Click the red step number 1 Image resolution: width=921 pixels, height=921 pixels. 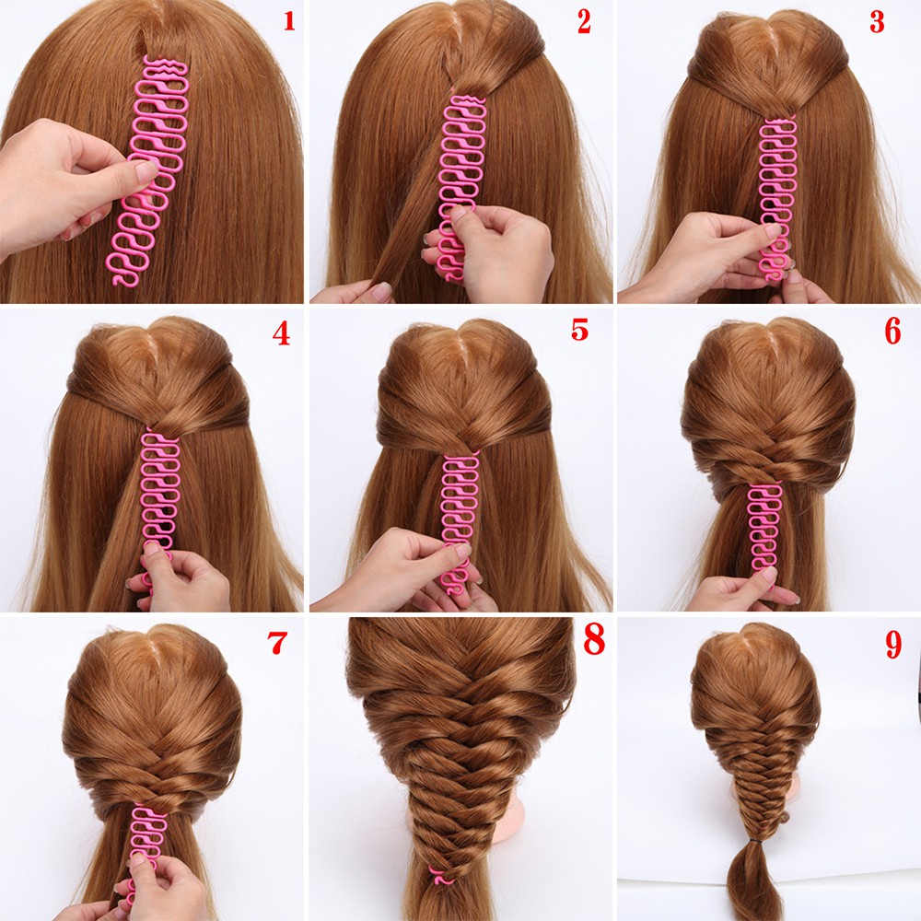(288, 20)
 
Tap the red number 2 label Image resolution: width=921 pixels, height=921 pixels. (584, 22)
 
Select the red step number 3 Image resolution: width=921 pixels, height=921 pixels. (878, 22)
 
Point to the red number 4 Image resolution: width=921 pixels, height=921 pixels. (281, 332)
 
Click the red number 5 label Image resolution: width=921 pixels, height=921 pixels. (578, 330)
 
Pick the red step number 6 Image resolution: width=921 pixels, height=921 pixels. (892, 332)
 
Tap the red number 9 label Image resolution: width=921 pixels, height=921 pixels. (892, 646)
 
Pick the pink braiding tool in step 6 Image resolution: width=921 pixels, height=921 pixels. (764, 525)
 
